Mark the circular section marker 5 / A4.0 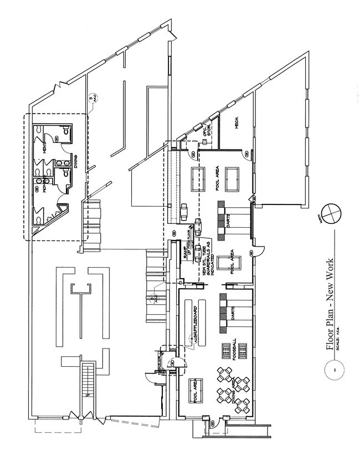coord(92,99)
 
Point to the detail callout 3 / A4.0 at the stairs coord(153,299)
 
